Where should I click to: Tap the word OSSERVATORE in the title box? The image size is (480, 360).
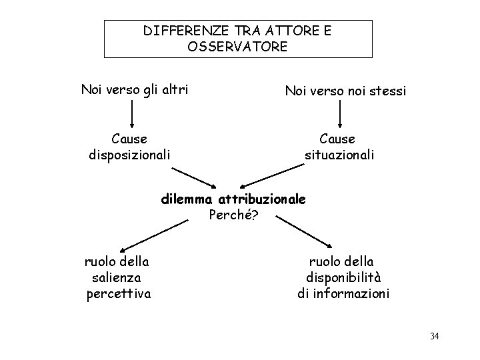click(x=238, y=47)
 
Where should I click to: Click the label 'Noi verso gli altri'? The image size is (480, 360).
click(x=134, y=89)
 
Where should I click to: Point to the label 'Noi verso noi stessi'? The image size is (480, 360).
click(x=345, y=90)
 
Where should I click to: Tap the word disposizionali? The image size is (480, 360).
click(x=129, y=155)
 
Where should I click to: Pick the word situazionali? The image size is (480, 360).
click(x=339, y=155)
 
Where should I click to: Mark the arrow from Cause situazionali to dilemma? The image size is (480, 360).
click(x=263, y=177)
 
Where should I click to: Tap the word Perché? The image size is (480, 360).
click(x=233, y=215)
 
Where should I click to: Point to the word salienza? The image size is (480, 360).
click(x=117, y=277)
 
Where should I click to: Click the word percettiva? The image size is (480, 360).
click(x=119, y=293)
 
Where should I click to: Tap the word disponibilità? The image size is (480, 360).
click(x=343, y=277)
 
